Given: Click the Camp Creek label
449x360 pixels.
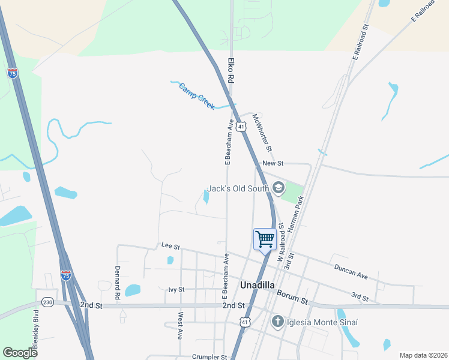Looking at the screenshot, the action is (196, 96).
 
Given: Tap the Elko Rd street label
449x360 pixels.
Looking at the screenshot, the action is (230, 70).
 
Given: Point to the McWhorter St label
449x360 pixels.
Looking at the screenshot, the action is (262, 132).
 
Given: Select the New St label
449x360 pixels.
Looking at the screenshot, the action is (272, 163).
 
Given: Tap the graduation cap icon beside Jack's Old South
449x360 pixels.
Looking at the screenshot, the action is (278, 188).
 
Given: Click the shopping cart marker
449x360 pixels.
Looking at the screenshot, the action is (265, 239).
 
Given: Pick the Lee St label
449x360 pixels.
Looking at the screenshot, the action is (170, 245).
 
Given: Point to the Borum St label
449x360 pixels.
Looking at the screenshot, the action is (292, 296).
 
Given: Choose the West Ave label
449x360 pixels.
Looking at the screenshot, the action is (180, 326).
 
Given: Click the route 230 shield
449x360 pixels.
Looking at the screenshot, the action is (48, 302).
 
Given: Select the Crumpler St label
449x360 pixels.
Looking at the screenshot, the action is (210, 356).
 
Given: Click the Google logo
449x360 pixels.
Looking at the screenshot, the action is (20, 353).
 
